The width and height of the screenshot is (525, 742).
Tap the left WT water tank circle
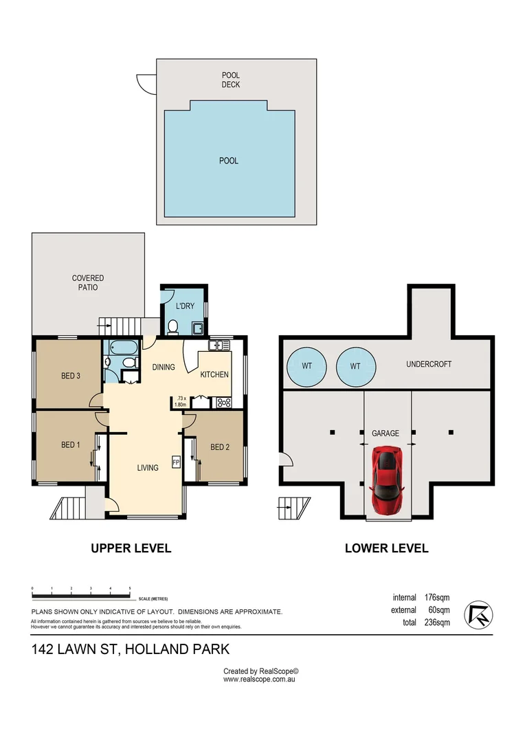click(306, 366)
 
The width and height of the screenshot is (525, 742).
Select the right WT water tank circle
click(355, 366)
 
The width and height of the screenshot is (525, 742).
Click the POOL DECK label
click(230, 80)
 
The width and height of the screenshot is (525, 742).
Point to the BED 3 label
click(71, 376)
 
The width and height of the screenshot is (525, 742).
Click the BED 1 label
click(71, 445)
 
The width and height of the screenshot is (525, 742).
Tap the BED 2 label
click(219, 447)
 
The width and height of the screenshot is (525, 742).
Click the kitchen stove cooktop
click(223, 403)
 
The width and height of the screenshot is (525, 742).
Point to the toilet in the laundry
click(174, 326)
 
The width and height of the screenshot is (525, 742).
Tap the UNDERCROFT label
click(429, 364)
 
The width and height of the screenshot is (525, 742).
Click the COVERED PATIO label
click(88, 282)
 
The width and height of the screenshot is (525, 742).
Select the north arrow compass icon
click(478, 614)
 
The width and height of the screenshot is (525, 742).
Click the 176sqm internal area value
click(437, 598)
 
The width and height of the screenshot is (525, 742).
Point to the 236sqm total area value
click(437, 623)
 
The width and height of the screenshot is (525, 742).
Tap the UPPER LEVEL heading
click(131, 548)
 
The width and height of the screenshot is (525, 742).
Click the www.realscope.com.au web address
click(260, 679)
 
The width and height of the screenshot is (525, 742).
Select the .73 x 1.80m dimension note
click(181, 401)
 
